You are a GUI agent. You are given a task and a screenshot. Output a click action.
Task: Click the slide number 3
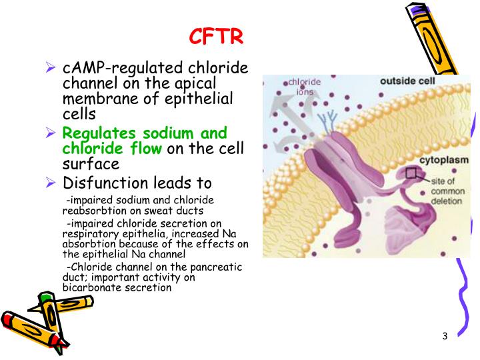pyautogui.click(x=445, y=335)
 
